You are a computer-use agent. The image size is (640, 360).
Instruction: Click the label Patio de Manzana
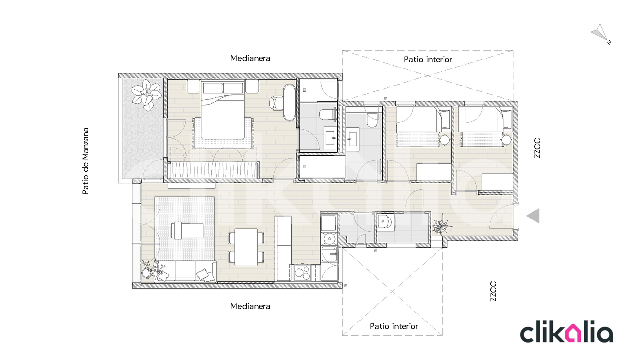(85, 161)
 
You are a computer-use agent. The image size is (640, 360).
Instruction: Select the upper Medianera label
(250, 58)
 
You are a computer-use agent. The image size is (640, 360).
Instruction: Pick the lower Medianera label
(250, 306)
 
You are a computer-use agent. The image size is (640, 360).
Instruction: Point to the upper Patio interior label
(428, 59)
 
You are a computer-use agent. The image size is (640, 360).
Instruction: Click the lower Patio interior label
(394, 326)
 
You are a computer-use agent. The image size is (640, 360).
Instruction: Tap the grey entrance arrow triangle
(533, 215)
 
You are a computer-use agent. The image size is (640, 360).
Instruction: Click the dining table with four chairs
(246, 247)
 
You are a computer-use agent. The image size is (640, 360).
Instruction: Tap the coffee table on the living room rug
(187, 230)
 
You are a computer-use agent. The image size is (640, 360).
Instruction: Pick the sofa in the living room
(185, 271)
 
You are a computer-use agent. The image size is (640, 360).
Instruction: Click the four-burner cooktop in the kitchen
(303, 273)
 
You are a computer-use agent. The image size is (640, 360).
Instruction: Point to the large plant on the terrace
(146, 94)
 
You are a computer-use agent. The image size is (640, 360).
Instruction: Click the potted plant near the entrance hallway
(441, 225)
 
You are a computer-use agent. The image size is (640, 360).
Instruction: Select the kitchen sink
(329, 239)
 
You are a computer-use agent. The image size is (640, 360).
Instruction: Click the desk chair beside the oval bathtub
(276, 103)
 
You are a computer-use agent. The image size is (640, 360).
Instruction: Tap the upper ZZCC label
(537, 148)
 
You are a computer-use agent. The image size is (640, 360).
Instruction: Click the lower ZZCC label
(493, 291)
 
